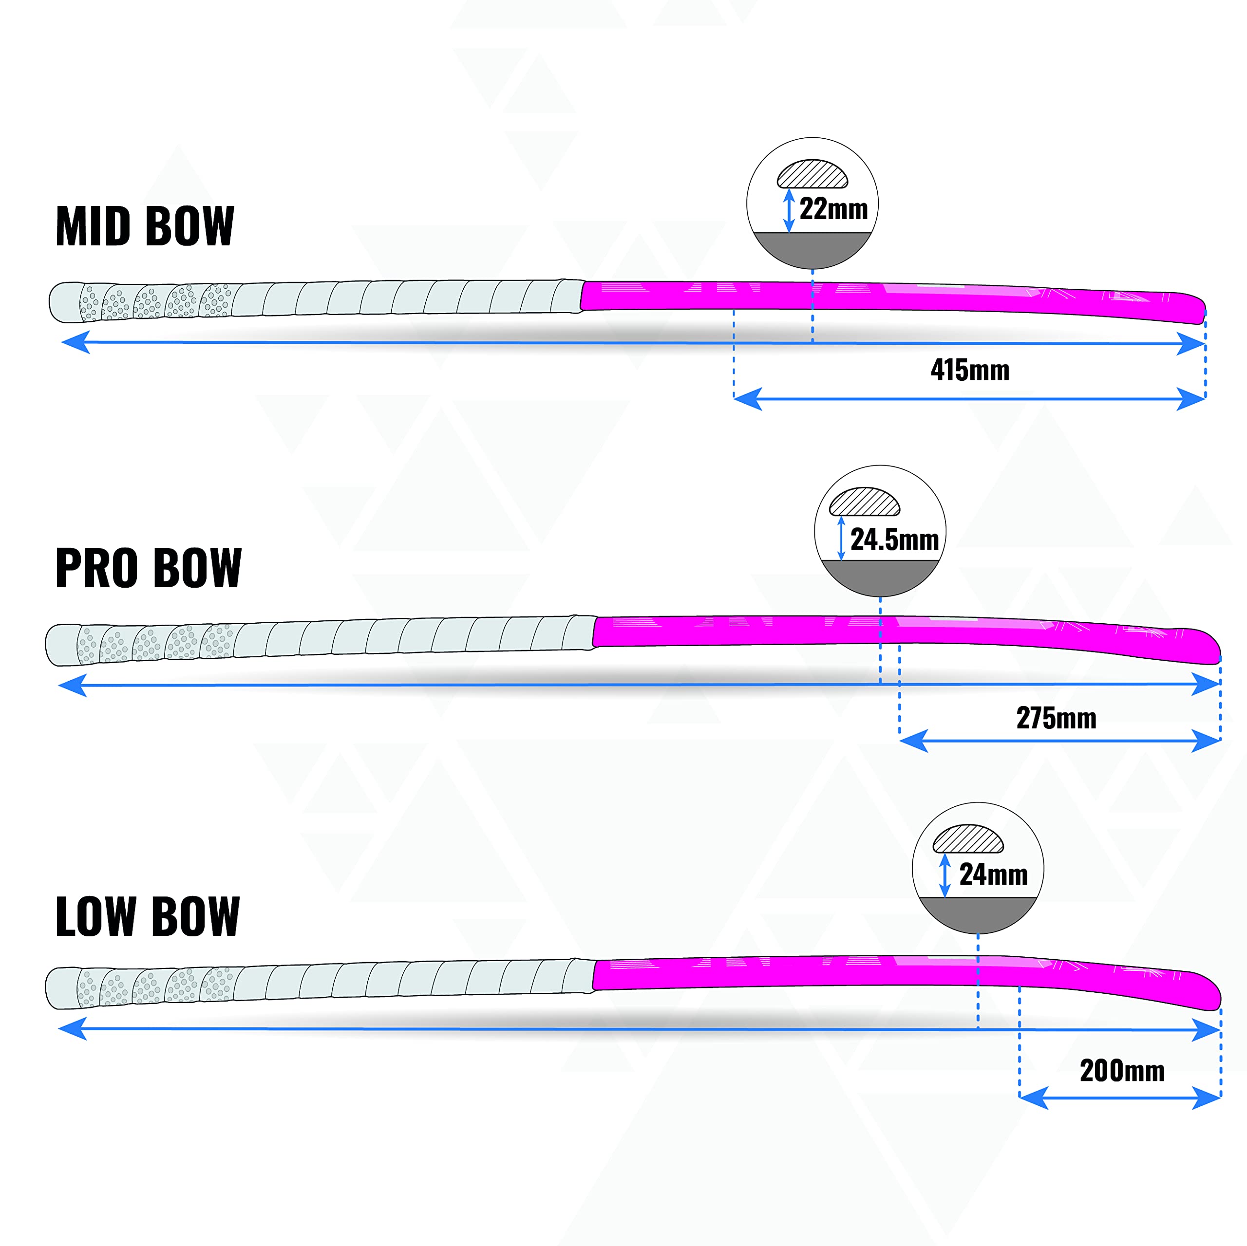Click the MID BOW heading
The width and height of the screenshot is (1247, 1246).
click(145, 226)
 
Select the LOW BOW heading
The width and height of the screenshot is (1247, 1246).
click(148, 916)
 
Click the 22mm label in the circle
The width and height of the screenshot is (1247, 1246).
click(833, 209)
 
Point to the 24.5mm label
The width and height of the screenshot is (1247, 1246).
click(895, 539)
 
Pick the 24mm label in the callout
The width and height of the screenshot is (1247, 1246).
click(993, 875)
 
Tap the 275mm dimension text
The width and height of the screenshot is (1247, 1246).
click(1057, 718)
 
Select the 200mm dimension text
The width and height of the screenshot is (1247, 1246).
click(1122, 1071)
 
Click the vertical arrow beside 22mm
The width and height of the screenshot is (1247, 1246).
click(789, 210)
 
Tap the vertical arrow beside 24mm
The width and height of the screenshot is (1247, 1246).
click(945, 875)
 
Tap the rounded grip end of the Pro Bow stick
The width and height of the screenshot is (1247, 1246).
click(57, 645)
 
